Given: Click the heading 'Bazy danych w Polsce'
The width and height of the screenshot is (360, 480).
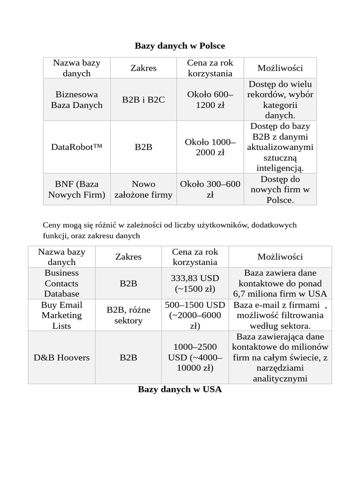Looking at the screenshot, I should point(180,45).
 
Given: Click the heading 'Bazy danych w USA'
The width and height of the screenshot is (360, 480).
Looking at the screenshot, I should point(180,390).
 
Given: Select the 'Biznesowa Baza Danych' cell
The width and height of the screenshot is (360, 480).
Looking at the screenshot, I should point(76,100).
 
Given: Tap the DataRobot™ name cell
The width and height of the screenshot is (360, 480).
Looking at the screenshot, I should point(76,147).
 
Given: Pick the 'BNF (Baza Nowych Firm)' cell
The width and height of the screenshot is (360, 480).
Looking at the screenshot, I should point(76,189).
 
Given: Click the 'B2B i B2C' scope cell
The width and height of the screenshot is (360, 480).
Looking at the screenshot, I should point(143,100).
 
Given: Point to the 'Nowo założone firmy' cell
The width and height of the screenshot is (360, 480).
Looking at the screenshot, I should point(143,189).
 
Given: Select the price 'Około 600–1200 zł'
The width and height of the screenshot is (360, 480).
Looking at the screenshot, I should point(210,100).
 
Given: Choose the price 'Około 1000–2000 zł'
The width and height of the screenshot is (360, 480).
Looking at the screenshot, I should point(210,147).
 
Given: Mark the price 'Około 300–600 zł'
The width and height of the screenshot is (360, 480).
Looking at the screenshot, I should point(210,189).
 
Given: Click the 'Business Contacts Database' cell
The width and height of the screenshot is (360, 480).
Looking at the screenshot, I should point(62,283).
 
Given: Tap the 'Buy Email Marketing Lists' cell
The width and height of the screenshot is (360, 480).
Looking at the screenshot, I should point(62,315).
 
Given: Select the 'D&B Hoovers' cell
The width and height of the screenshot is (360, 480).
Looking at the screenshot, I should point(62,358).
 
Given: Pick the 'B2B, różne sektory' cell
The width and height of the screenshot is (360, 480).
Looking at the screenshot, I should point(128,315).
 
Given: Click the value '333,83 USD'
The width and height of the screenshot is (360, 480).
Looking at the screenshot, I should point(195,278).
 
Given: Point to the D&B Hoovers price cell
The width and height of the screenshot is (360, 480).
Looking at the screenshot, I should point(195,358).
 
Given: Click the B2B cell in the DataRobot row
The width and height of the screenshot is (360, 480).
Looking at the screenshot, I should point(143,147).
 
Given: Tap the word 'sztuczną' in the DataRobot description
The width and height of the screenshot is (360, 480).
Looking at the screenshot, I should point(280,157).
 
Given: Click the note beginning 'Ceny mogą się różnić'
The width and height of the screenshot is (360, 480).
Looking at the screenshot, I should point(170,230).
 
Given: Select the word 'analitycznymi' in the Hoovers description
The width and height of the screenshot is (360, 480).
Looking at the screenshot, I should point(280,378).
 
